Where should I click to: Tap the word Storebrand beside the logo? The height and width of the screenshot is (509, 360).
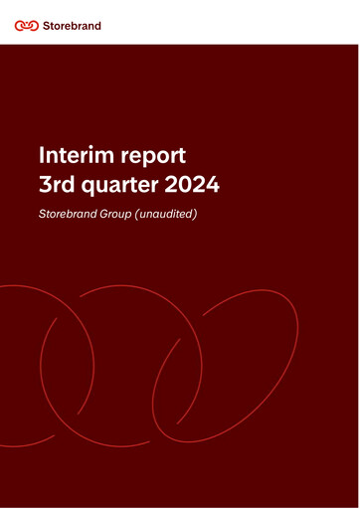(73, 25)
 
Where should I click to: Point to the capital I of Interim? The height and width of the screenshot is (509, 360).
(40, 155)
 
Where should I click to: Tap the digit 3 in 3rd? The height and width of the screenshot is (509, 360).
(44, 184)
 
